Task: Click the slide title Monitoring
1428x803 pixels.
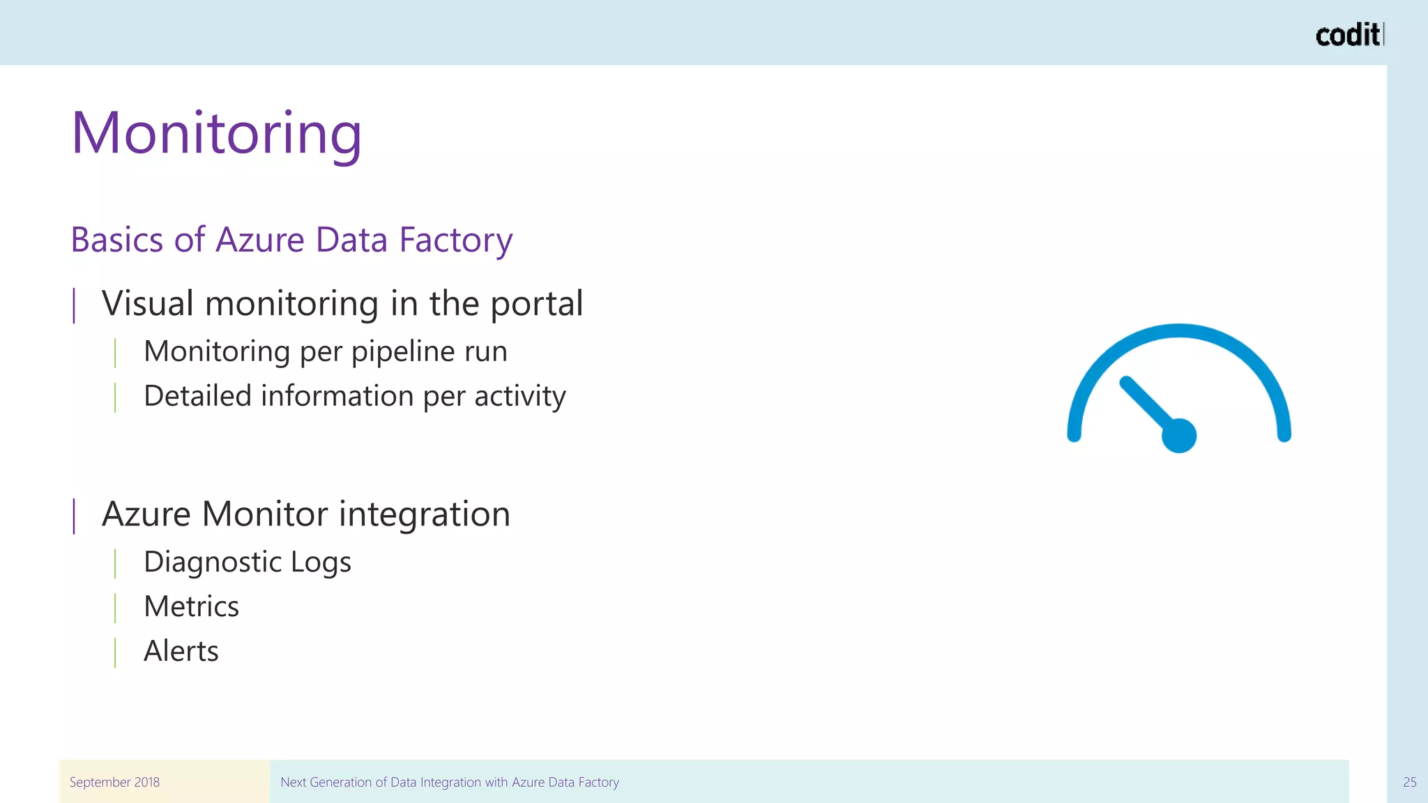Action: click(216, 134)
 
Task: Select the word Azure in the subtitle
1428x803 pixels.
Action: click(260, 240)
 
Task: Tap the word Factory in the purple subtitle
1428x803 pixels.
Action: click(455, 240)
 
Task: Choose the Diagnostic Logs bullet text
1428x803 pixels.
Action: click(247, 563)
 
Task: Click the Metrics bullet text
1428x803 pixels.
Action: click(191, 606)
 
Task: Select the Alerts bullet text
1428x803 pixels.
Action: click(181, 651)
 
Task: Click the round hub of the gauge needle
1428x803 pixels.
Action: click(1178, 436)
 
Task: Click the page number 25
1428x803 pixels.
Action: click(1409, 782)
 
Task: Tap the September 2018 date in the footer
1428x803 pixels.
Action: click(114, 782)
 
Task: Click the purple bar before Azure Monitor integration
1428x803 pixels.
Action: click(74, 516)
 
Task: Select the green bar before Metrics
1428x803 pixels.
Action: click(115, 607)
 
